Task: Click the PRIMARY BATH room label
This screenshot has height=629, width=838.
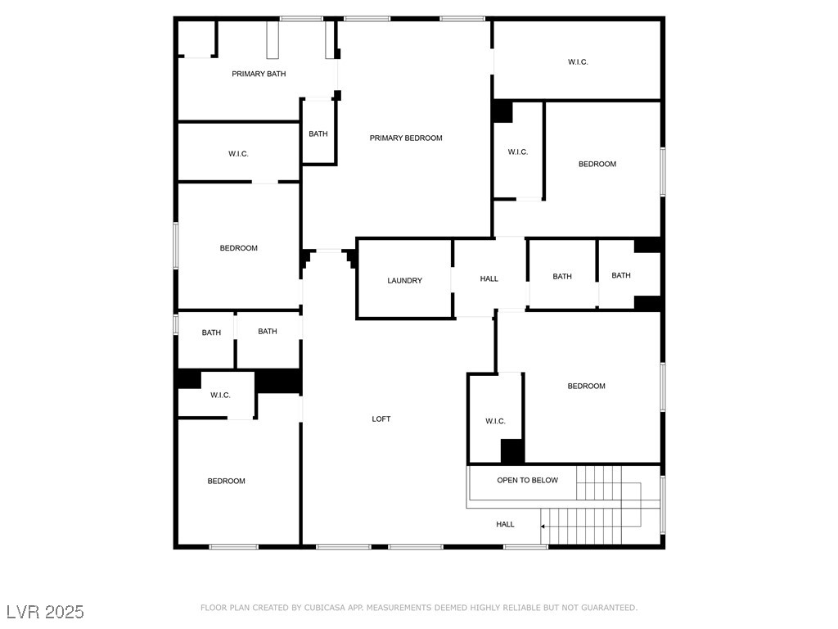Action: pyautogui.click(x=259, y=74)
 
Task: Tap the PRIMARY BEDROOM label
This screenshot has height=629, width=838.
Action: pyautogui.click(x=405, y=138)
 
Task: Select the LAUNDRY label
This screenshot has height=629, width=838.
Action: pyautogui.click(x=404, y=280)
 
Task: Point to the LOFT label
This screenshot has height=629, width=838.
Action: pyautogui.click(x=381, y=419)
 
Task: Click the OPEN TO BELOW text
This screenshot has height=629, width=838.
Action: pyautogui.click(x=527, y=480)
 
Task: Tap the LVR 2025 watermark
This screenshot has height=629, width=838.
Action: pyautogui.click(x=45, y=612)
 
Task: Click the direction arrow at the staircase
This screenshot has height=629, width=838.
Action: pyautogui.click(x=543, y=526)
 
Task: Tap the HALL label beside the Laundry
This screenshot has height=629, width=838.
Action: pyautogui.click(x=489, y=278)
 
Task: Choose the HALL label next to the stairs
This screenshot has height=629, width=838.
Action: pyautogui.click(x=505, y=524)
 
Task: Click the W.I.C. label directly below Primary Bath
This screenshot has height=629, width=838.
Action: pyautogui.click(x=238, y=154)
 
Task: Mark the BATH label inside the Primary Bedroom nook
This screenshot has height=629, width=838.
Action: pyautogui.click(x=318, y=133)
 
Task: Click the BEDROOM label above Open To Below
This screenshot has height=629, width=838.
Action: pyautogui.click(x=586, y=386)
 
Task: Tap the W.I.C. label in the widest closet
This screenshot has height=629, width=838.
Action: pyautogui.click(x=578, y=62)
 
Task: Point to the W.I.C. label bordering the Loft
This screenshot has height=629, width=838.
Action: pyautogui.click(x=495, y=421)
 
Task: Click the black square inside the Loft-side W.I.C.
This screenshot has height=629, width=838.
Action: pyautogui.click(x=512, y=451)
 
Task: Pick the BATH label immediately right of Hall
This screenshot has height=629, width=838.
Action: pyautogui.click(x=562, y=276)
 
